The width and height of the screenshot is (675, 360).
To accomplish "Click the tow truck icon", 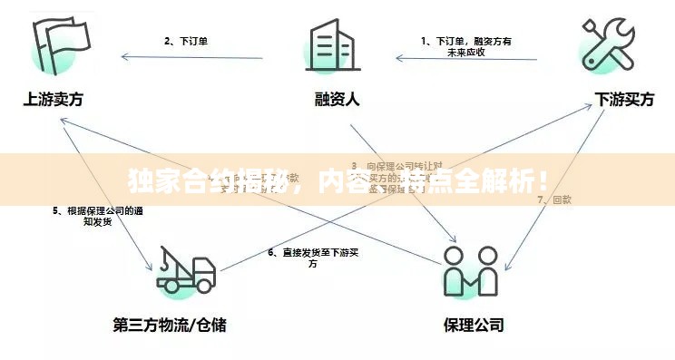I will tap(186, 270).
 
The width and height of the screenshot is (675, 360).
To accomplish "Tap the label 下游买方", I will tap(624, 100).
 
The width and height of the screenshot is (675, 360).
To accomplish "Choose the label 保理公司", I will tap(473, 324).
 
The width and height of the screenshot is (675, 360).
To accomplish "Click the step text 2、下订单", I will tap(186, 40).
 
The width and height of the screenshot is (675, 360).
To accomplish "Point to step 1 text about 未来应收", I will tap(466, 46).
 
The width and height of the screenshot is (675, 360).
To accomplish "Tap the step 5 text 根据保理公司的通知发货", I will tap(97, 215).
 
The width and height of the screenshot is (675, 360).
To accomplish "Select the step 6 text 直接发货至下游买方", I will tap(313, 258).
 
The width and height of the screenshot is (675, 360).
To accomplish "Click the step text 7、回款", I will tap(554, 199).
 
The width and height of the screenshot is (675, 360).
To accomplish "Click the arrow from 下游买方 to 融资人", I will tap(467, 60).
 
